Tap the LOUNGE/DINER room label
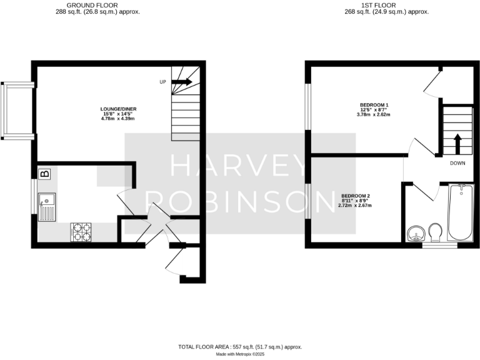click(118, 109)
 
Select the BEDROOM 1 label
click(374, 104)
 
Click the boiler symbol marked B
click(44, 174)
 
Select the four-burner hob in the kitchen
click(80, 232)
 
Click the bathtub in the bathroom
click(461, 214)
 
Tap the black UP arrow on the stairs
click(182, 82)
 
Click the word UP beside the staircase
click(163, 82)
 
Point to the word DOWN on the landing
click(457, 163)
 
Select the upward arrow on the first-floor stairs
click(457, 143)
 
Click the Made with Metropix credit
click(240, 354)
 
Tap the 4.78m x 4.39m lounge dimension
click(118, 119)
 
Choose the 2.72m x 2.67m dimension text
click(355, 205)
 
